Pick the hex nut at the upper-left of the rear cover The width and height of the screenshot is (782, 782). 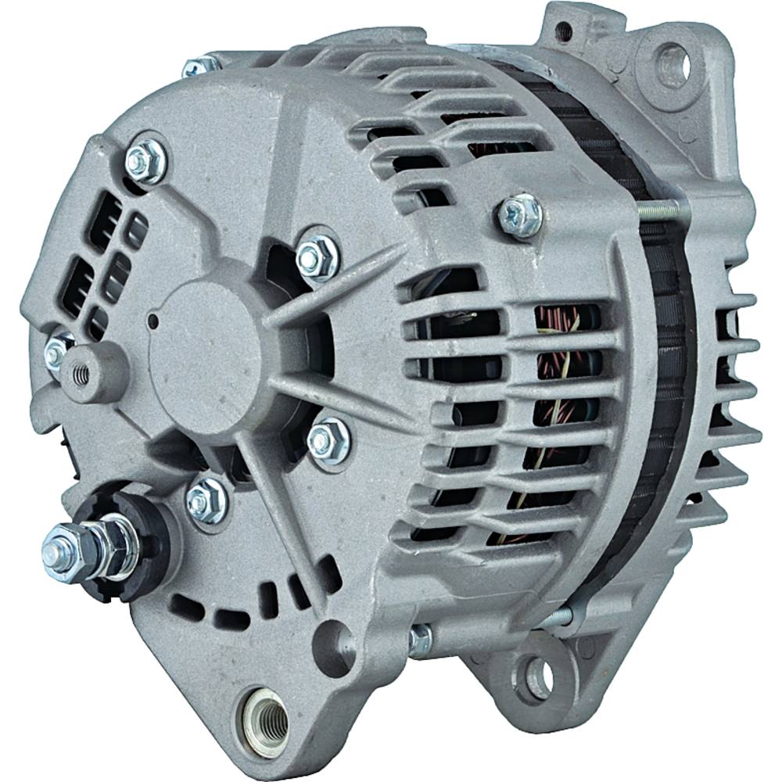click(145, 160)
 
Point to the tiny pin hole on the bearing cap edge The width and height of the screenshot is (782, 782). click(153, 321)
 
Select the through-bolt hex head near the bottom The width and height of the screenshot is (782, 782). click(421, 640)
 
